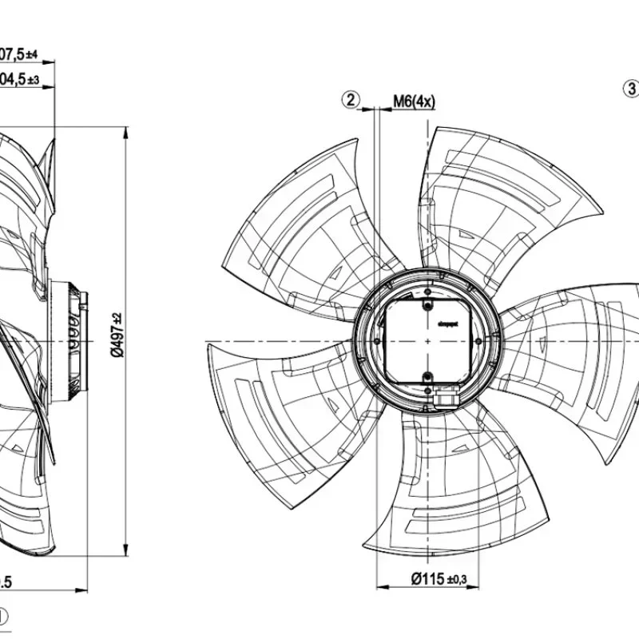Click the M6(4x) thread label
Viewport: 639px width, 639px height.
tap(414, 101)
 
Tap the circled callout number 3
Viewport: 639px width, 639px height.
tap(631, 87)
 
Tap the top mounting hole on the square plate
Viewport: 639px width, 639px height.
tap(427, 306)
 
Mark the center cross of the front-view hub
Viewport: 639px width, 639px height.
tap(428, 341)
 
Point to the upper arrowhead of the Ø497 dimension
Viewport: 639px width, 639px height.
tap(126, 133)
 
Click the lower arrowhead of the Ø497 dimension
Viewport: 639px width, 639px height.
tap(126, 551)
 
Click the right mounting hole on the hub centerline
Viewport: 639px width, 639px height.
tap(481, 341)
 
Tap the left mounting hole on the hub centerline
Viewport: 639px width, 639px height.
tap(376, 341)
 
